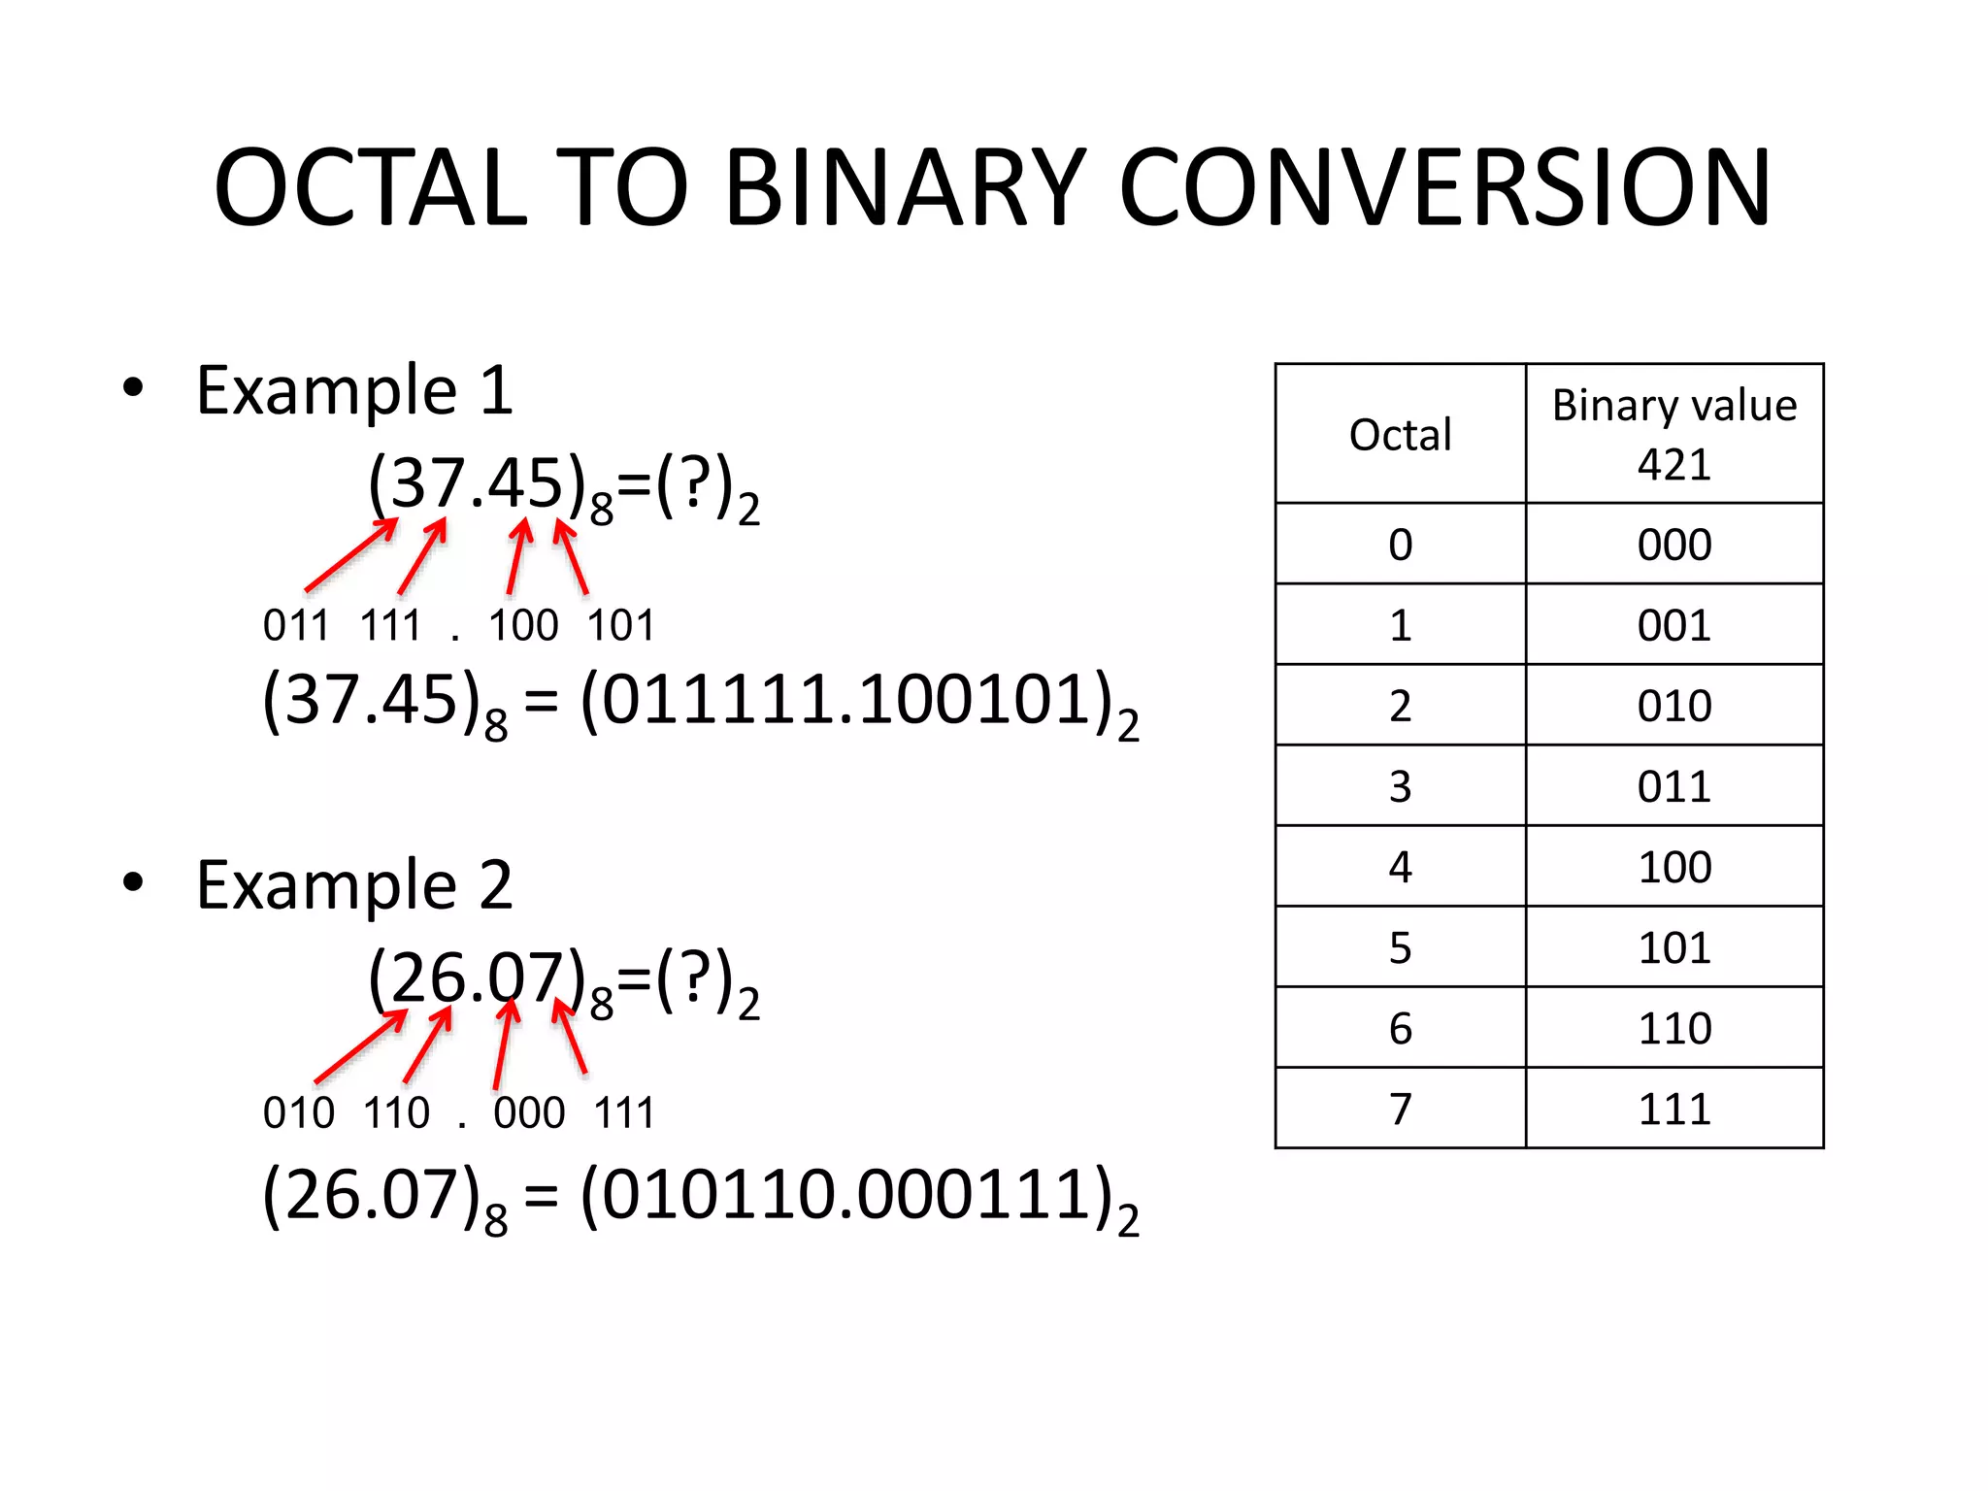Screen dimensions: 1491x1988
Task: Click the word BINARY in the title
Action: [905, 187]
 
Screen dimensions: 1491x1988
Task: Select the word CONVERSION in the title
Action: [1445, 187]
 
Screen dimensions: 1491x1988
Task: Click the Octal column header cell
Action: [1400, 434]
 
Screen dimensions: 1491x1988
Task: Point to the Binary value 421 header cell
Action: [1673, 434]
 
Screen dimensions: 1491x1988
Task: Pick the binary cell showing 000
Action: [1673, 545]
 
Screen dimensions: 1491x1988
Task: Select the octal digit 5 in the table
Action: [1400, 947]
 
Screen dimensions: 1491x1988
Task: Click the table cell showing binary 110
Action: [1673, 1028]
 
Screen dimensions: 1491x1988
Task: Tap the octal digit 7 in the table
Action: [1400, 1109]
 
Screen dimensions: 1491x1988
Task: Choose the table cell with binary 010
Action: [1673, 706]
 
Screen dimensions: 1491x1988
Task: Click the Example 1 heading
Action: [354, 390]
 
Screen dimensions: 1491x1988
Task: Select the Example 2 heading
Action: [354, 885]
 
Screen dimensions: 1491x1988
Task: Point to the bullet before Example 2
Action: [133, 881]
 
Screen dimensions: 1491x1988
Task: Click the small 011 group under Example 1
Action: [296, 625]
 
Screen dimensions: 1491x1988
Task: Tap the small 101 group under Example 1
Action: [620, 625]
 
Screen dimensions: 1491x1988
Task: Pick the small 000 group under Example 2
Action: [529, 1112]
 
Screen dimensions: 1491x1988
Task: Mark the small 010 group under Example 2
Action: [298, 1112]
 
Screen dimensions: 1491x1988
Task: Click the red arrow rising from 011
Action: [350, 555]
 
